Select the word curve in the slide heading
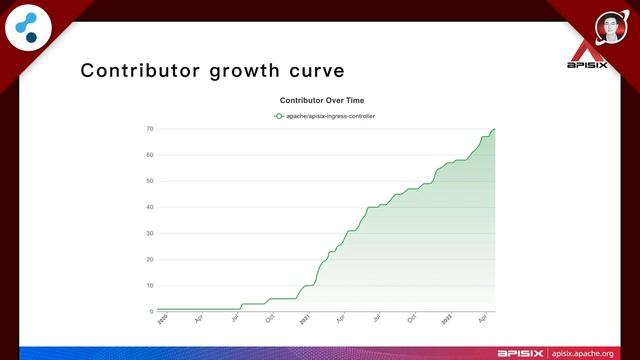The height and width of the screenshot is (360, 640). (x=314, y=71)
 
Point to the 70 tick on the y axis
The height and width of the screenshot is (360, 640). (x=149, y=129)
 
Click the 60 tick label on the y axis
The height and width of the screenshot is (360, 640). (x=149, y=155)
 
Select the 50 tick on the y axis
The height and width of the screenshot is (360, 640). (x=149, y=181)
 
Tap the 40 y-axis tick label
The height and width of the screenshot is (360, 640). (x=149, y=207)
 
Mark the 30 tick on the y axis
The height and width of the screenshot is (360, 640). (x=149, y=233)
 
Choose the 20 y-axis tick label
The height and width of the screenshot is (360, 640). (x=149, y=259)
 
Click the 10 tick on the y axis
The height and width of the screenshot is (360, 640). (x=149, y=285)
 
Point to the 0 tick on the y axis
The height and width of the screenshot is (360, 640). (x=151, y=311)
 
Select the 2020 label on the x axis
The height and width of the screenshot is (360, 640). (x=162, y=321)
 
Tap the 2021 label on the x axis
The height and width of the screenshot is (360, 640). (x=304, y=321)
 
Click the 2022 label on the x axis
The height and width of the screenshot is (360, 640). (x=446, y=321)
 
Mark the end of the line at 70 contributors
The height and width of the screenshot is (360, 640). (x=494, y=129)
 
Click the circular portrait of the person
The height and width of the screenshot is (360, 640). (x=612, y=27)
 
